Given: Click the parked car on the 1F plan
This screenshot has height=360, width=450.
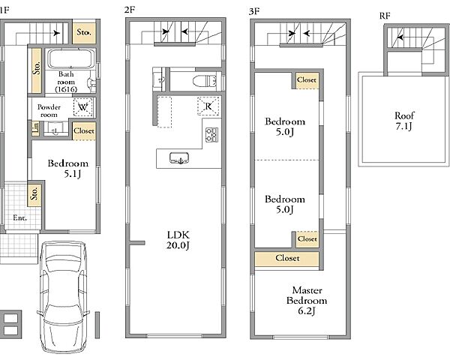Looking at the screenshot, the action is [63, 297].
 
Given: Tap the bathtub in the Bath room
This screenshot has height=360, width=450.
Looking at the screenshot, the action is [71, 58].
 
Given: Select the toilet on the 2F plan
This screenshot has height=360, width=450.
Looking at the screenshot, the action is [205, 81].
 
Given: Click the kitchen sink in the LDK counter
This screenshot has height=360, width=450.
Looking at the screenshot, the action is [179, 158].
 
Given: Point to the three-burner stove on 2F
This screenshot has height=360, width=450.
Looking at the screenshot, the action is [211, 135].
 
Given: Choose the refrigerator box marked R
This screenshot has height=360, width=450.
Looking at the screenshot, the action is [208, 106].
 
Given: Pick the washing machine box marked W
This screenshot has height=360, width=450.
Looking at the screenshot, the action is [83, 107].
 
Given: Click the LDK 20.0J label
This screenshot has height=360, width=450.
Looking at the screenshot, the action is [178, 240].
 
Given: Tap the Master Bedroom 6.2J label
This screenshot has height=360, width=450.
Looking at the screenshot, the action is [307, 300].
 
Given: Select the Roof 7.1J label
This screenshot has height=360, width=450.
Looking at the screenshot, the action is [404, 121].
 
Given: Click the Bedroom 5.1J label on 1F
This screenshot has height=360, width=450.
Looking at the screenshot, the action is [68, 169].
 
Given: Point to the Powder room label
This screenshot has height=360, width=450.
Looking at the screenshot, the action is [49, 111].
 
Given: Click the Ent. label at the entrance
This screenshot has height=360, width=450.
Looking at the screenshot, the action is [19, 218].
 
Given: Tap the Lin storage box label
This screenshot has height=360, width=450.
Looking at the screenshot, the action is [35, 128].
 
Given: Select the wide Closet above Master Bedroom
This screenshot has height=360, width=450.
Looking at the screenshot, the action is [287, 258].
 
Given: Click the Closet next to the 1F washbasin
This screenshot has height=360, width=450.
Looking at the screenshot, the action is [84, 131].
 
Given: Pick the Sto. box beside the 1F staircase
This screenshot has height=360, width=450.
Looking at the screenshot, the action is [84, 32].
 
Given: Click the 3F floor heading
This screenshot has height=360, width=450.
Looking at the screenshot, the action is [254, 11].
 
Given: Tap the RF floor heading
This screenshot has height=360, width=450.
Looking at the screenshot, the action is [385, 16].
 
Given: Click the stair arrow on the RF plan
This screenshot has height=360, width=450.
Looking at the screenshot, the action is [400, 37].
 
